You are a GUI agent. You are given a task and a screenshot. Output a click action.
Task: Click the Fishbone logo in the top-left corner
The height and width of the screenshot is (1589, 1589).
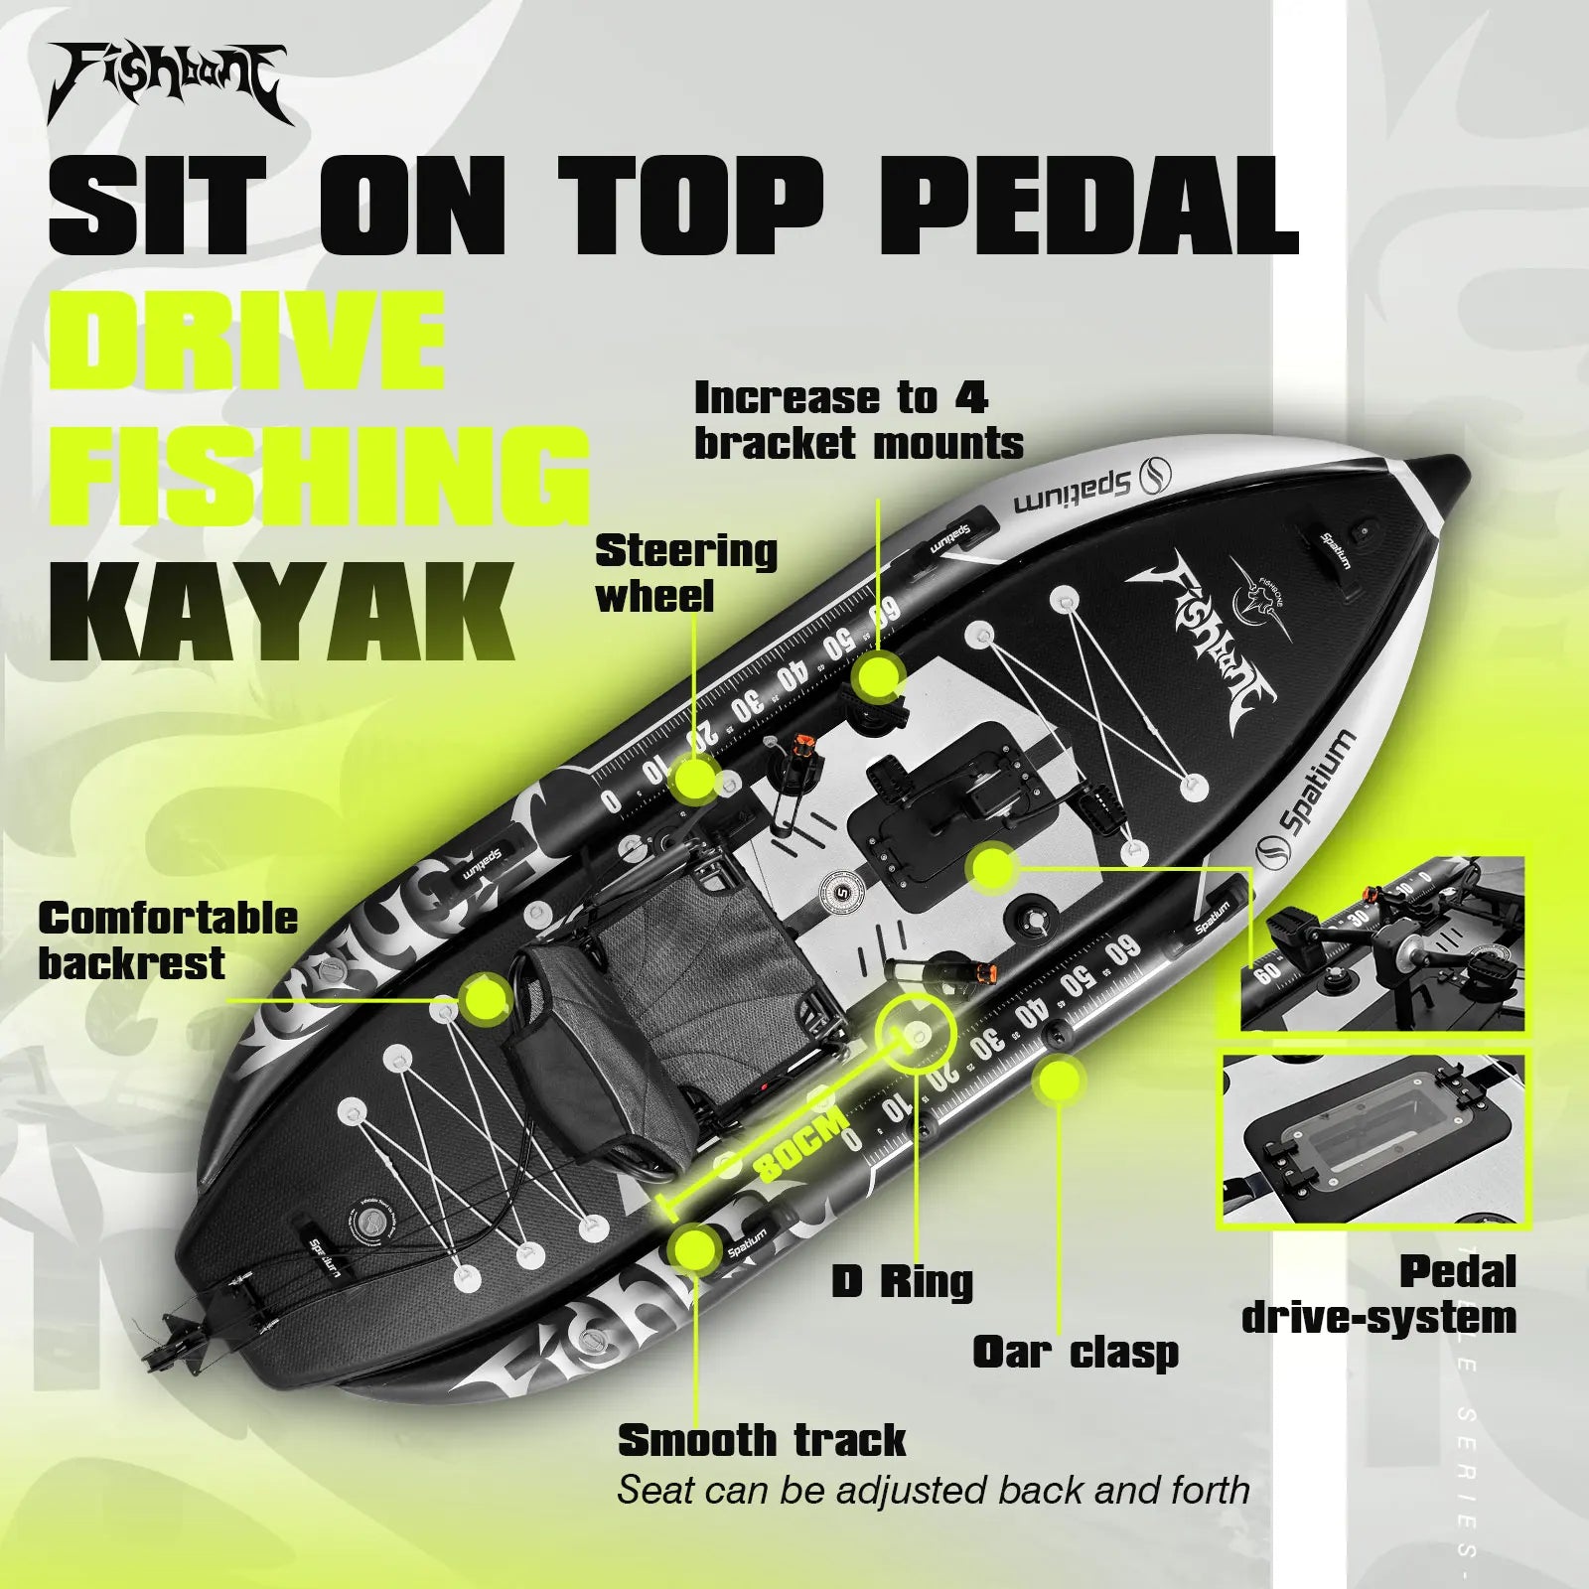coord(169,83)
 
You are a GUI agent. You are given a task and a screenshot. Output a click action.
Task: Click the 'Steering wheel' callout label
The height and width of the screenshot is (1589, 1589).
coord(685,573)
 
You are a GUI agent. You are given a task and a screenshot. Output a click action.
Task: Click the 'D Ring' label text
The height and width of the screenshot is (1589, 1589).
coord(902,1282)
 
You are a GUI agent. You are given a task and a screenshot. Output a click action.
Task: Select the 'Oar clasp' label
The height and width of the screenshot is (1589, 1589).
coord(1075,1352)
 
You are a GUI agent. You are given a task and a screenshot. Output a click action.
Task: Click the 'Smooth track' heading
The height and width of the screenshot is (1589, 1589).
coord(762,1439)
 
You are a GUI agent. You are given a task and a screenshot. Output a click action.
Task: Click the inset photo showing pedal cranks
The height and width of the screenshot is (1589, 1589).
coord(1382,943)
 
